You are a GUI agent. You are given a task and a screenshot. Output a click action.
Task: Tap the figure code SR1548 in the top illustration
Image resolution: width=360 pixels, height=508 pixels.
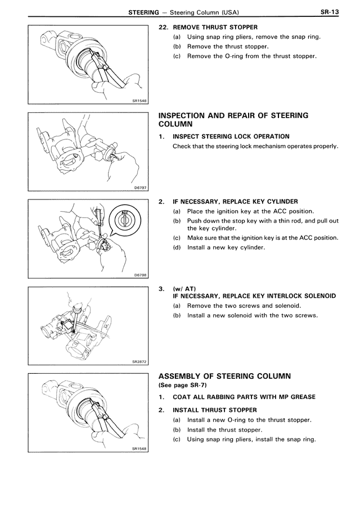click(x=137, y=100)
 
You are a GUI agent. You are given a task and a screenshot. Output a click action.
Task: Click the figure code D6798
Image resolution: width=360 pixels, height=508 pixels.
click(x=139, y=275)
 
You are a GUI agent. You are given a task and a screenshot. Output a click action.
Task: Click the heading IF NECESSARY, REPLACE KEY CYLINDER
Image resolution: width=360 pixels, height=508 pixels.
click(x=235, y=201)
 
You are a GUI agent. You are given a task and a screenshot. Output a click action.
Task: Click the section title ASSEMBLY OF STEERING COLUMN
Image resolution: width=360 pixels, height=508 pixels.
click(x=233, y=376)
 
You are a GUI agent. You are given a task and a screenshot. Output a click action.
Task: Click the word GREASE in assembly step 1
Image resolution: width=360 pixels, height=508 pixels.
click(x=299, y=397)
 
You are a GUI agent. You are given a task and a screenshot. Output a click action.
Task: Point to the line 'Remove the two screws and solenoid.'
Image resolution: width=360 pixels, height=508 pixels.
click(x=244, y=306)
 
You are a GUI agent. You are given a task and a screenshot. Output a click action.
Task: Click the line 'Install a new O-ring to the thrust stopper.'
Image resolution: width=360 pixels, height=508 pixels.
click(x=249, y=420)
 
